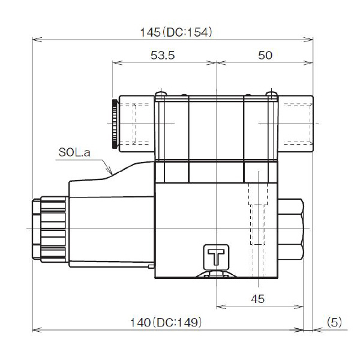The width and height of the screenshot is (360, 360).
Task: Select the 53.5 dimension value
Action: pyautogui.click(x=163, y=55)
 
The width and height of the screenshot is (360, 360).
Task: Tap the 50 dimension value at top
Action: pyautogui.click(x=265, y=55)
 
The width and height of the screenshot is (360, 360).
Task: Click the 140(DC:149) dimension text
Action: pyautogui.click(x=166, y=322)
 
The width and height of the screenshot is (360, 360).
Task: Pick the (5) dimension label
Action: pyautogui.click(x=334, y=322)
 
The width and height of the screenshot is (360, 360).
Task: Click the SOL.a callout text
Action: pyautogui.click(x=74, y=153)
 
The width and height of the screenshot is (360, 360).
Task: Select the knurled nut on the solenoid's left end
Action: pyautogui.click(x=36, y=229)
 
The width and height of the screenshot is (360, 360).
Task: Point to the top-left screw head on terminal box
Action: pyautogui.click(x=160, y=94)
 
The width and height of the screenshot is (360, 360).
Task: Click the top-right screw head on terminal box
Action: pyautogui.click(x=271, y=94)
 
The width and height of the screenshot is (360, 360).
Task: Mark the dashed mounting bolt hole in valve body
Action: pyautogui.click(x=256, y=219)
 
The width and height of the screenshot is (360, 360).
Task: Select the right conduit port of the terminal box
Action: pyautogui.click(x=297, y=123)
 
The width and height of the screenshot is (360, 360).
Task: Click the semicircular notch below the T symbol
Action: pyautogui.click(x=215, y=275)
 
